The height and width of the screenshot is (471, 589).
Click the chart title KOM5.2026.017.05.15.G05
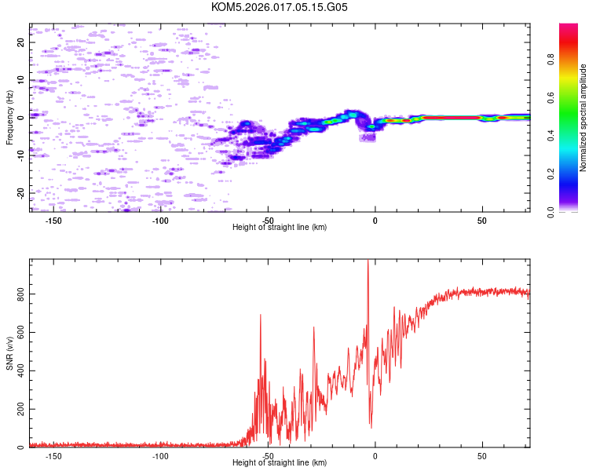coord(280,8)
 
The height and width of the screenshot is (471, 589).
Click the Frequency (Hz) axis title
coord(9,118)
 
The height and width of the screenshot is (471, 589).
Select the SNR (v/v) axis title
coord(9,353)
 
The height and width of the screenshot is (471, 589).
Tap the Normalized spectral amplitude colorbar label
coord(584,118)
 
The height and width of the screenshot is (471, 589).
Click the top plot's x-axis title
coord(280,227)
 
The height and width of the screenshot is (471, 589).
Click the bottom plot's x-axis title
coord(280,462)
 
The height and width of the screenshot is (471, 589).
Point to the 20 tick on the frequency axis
coord(21,42)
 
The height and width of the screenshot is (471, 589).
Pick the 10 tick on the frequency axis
coord(21,80)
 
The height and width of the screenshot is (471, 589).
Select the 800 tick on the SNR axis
coord(17,294)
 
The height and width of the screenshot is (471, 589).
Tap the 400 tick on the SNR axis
coord(17,371)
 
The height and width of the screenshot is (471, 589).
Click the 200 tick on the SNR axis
coord(17,409)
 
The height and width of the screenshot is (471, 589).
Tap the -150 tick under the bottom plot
coord(53,455)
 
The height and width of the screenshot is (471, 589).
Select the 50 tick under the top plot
coord(482,220)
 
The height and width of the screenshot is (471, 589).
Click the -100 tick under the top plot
coord(161,220)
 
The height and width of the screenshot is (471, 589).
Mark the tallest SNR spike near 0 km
coord(368,263)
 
